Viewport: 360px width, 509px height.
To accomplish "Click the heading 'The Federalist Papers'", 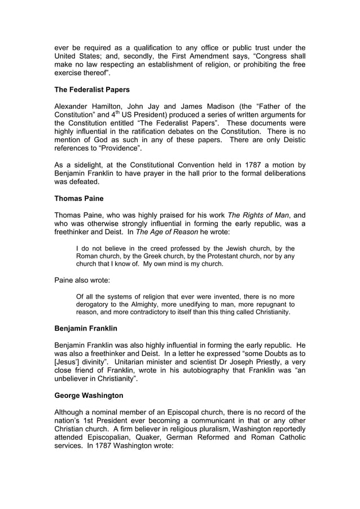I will [92, 90].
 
